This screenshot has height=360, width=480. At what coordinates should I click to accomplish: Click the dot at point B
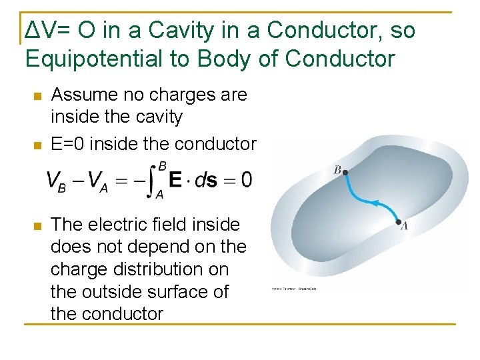[x=345, y=173]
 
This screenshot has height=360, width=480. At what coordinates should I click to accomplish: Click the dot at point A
[x=398, y=222]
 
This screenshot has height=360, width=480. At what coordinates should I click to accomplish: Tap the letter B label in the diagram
[x=337, y=171]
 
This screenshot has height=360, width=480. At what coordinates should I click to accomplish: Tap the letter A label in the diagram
[x=404, y=227]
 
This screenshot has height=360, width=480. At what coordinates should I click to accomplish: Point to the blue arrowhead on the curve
[x=375, y=202]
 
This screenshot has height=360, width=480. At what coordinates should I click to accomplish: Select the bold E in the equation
[x=175, y=180]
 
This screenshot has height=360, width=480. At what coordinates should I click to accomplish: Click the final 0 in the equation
[x=246, y=180]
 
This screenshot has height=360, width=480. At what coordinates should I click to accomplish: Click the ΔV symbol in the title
[x=37, y=30]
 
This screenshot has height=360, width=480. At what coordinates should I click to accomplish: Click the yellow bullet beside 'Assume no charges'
[x=37, y=96]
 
